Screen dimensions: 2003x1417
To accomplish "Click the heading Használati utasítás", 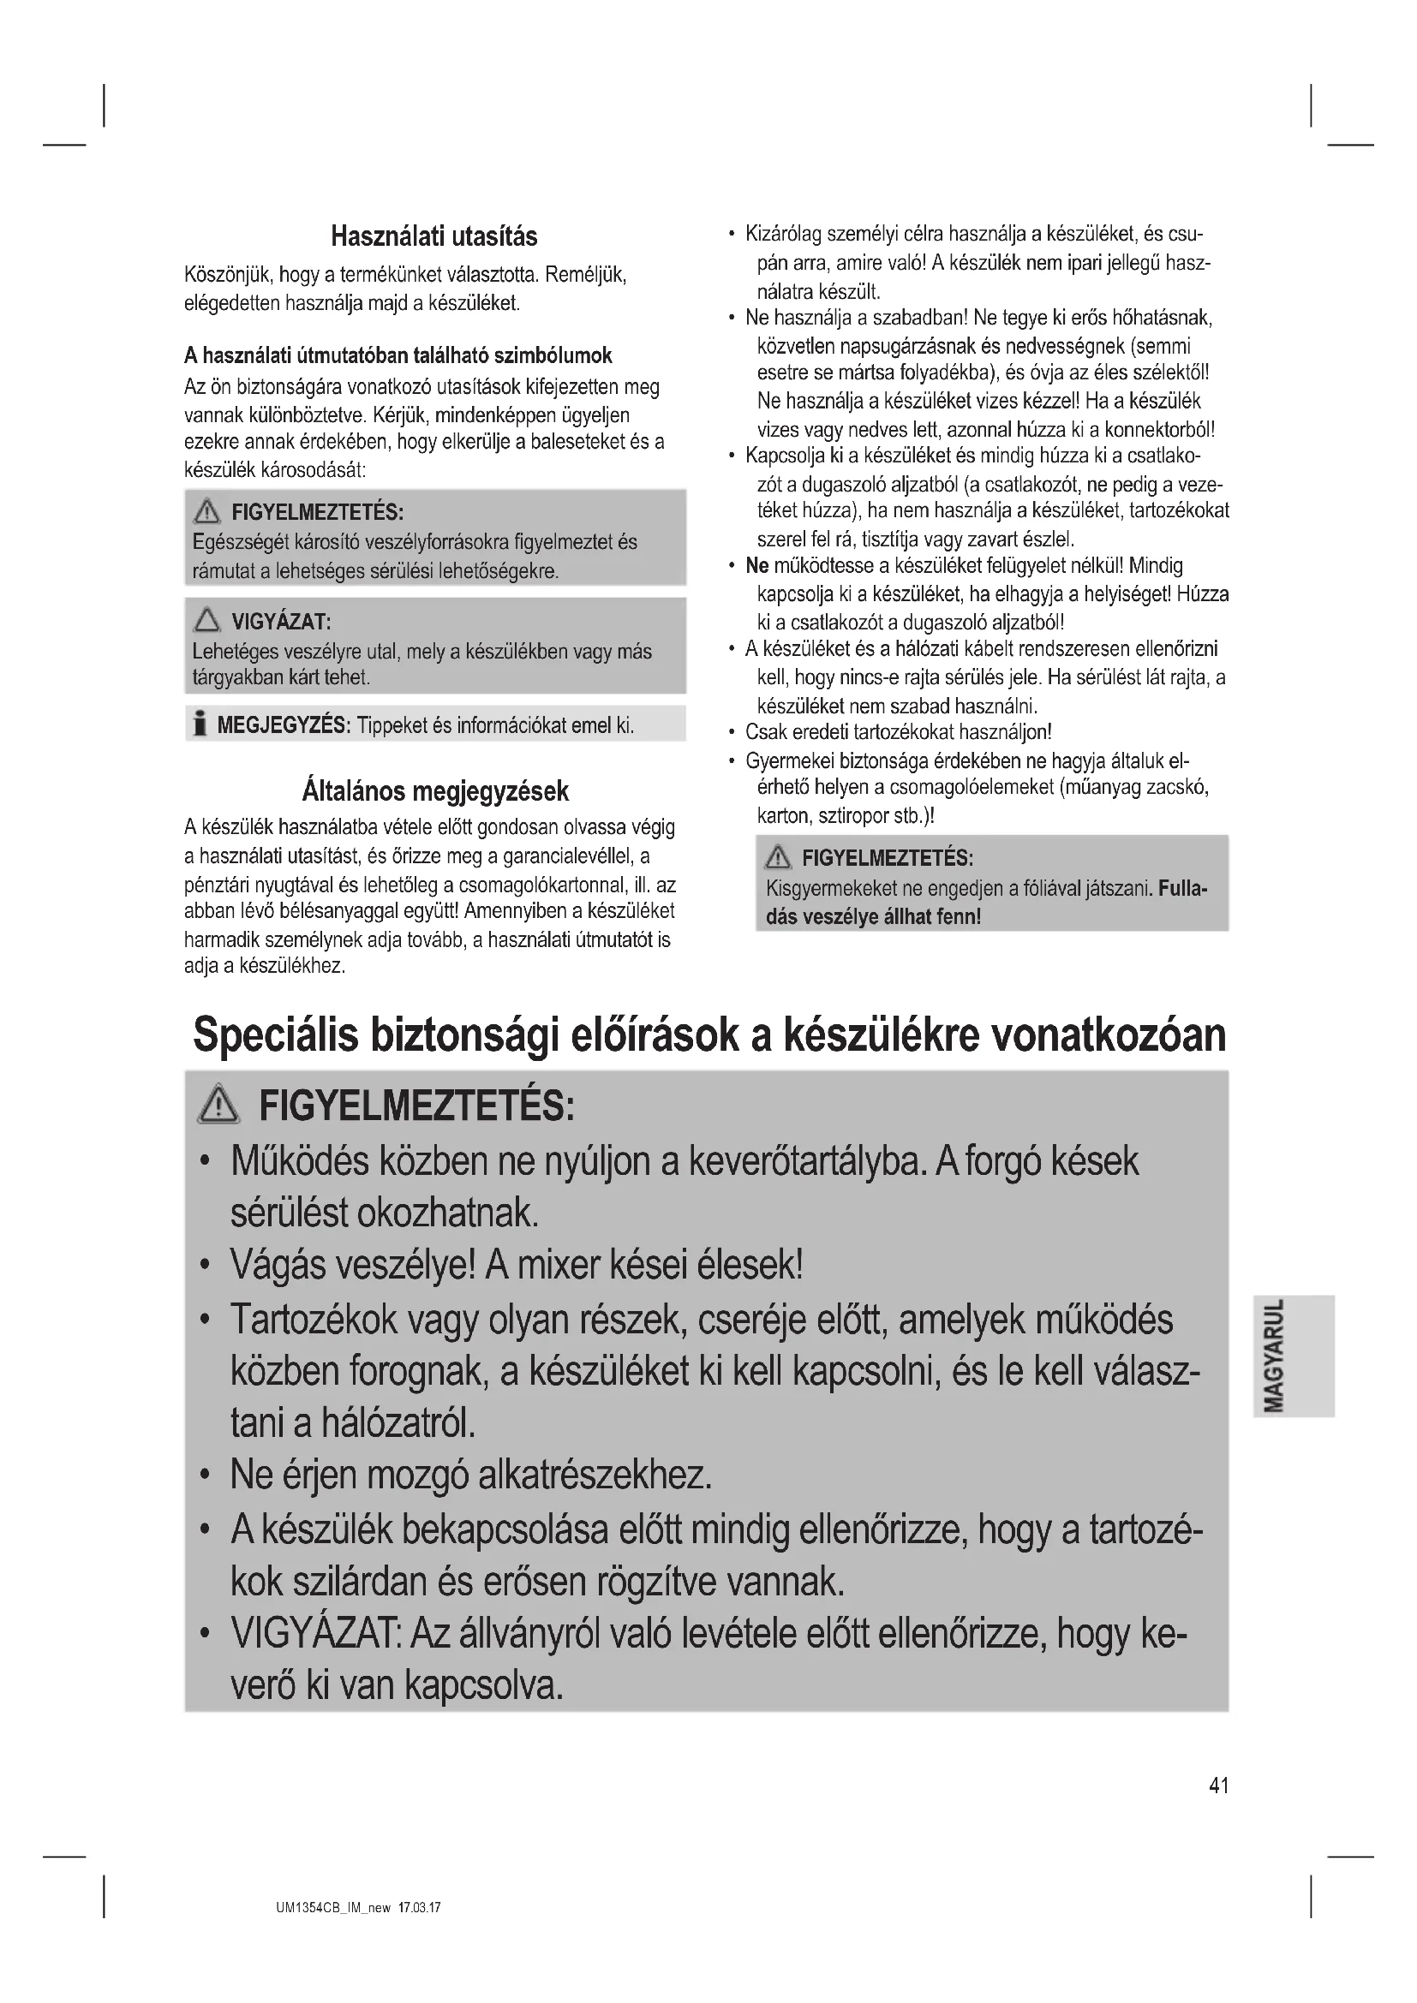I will click(x=433, y=236).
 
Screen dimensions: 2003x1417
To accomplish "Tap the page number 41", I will click(x=1219, y=1785).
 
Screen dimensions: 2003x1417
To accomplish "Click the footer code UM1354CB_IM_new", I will click(x=333, y=1908).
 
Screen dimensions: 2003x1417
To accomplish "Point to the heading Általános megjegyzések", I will click(x=434, y=791).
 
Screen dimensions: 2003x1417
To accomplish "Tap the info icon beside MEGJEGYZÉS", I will click(x=200, y=724).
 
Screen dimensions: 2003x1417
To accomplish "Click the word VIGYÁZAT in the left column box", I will click(x=280, y=622).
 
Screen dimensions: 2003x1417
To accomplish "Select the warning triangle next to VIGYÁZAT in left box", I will click(x=207, y=620).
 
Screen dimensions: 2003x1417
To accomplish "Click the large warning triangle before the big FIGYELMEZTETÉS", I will click(x=218, y=1106).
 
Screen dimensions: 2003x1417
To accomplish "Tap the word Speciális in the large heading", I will click(x=275, y=1035).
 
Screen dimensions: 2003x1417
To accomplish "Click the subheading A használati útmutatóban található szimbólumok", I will click(x=398, y=356).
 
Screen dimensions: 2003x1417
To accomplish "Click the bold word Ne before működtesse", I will click(x=756, y=566).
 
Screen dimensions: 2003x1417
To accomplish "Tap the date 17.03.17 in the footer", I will click(x=420, y=1908).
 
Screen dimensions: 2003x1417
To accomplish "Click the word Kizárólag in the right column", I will click(x=783, y=234).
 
